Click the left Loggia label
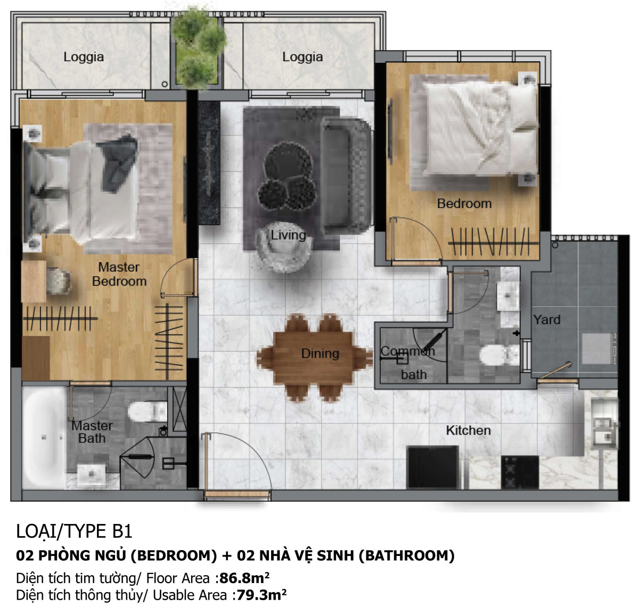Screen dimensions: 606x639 [84, 57]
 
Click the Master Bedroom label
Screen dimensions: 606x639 [119, 274]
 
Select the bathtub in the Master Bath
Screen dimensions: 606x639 [44, 437]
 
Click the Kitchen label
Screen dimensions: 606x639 [468, 430]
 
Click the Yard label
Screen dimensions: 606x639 [547, 320]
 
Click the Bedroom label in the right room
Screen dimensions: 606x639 [464, 203]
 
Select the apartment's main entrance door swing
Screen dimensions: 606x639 [234, 463]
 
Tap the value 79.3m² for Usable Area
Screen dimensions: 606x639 [261, 595]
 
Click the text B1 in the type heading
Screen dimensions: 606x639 [122, 531]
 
